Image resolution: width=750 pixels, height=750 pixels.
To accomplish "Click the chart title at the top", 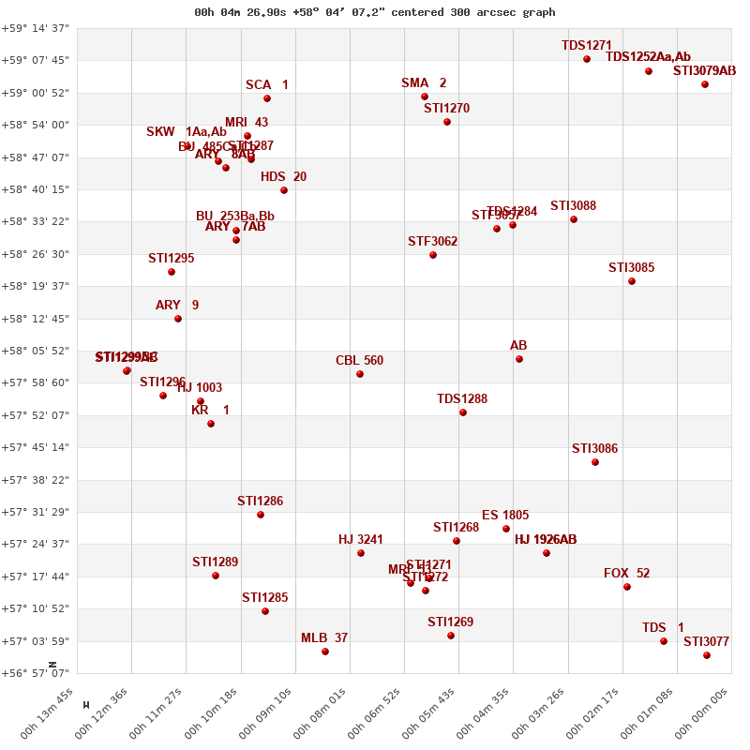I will tap(374, 12).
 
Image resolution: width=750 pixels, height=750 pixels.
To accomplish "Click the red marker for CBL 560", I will tap(360, 374).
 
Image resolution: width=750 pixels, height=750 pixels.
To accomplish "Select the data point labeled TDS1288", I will tap(463, 412).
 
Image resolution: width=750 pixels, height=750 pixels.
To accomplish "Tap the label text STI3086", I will tap(594, 449).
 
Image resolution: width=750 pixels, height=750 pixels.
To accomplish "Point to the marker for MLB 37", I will tap(325, 652).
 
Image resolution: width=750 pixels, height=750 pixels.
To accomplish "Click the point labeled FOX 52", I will tap(627, 587).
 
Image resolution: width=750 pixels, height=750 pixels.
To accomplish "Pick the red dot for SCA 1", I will tap(267, 98).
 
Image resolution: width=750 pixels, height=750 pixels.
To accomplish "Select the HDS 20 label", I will tap(283, 177).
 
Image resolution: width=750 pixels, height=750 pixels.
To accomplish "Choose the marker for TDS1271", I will tap(587, 59).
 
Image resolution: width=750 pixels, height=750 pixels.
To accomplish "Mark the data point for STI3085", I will tap(632, 281).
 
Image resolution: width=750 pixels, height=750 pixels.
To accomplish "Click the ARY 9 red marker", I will tap(178, 319).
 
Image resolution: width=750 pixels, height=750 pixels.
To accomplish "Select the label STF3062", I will tap(432, 242).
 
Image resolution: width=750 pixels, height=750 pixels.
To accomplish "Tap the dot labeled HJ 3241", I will tap(361, 553).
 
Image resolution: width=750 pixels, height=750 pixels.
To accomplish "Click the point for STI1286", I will tap(261, 515).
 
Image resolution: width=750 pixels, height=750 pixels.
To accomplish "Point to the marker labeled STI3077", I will tap(707, 655).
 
